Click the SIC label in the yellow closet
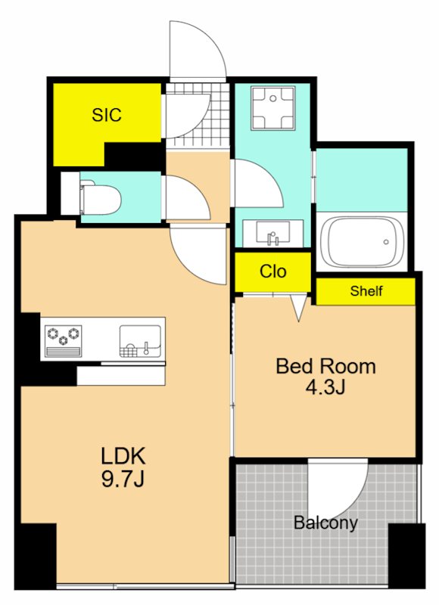[107, 115]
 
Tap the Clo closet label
[273, 271]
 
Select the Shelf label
[366, 290]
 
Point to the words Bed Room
[325, 366]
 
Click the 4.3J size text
[325, 387]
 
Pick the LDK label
[123, 456]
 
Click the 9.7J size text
[123, 479]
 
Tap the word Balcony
[325, 523]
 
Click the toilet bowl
[101, 200]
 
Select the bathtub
[362, 242]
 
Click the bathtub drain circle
[386, 242]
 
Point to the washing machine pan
[273, 108]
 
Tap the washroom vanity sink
[273, 233]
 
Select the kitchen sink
[140, 341]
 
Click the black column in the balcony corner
[406, 556]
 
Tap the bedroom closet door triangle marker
[298, 308]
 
